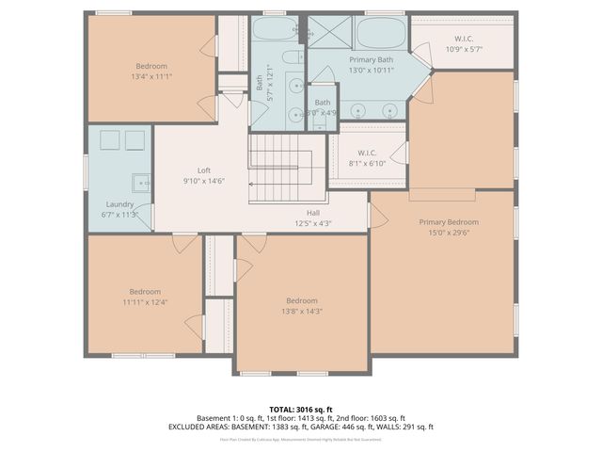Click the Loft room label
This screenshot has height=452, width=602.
tap(203, 170)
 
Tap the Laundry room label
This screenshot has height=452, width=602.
tap(119, 204)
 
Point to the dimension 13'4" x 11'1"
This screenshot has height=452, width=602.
tap(151, 77)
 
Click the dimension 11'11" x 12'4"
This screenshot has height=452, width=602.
tap(145, 302)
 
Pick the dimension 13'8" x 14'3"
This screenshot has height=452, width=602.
tap(301, 312)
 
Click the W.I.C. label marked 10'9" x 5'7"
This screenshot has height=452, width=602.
tap(464, 40)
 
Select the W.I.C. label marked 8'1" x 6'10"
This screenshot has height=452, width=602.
tap(367, 153)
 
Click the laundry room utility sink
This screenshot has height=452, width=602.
tap(140, 182)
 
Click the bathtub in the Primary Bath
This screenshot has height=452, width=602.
tap(380, 34)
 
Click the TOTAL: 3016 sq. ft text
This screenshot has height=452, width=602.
tap(301, 409)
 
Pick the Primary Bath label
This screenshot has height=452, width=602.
tap(371, 58)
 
